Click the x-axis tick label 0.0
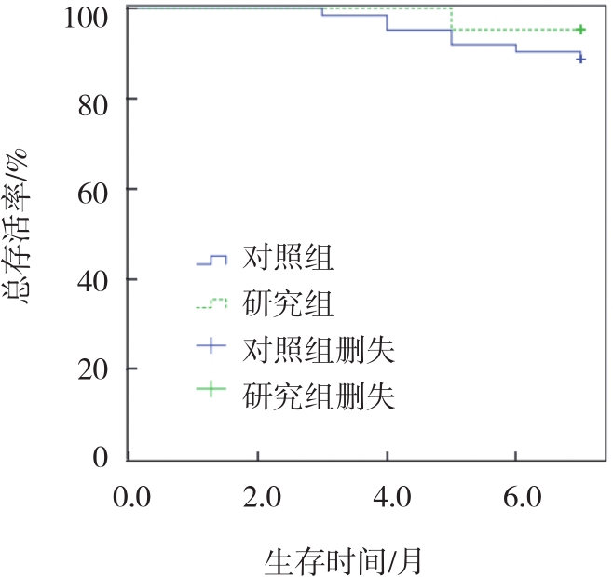(129, 498)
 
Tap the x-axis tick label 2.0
(258, 498)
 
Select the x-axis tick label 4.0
(388, 498)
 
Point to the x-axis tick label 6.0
(517, 498)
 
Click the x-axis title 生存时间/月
(345, 560)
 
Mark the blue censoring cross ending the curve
(580, 58)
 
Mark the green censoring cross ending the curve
(580, 30)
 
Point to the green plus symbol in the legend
(212, 392)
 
